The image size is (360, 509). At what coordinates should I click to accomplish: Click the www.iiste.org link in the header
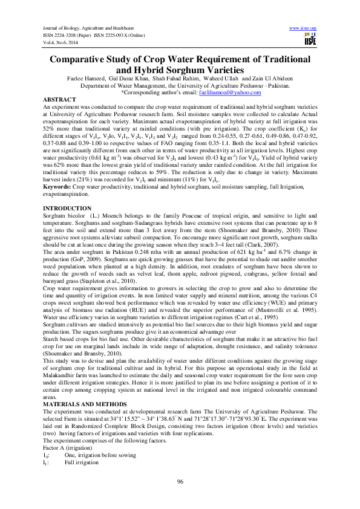tap(304, 28)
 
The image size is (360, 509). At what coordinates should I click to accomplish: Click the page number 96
tap(180, 481)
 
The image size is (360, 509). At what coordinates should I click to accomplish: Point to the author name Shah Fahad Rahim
tap(176, 79)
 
